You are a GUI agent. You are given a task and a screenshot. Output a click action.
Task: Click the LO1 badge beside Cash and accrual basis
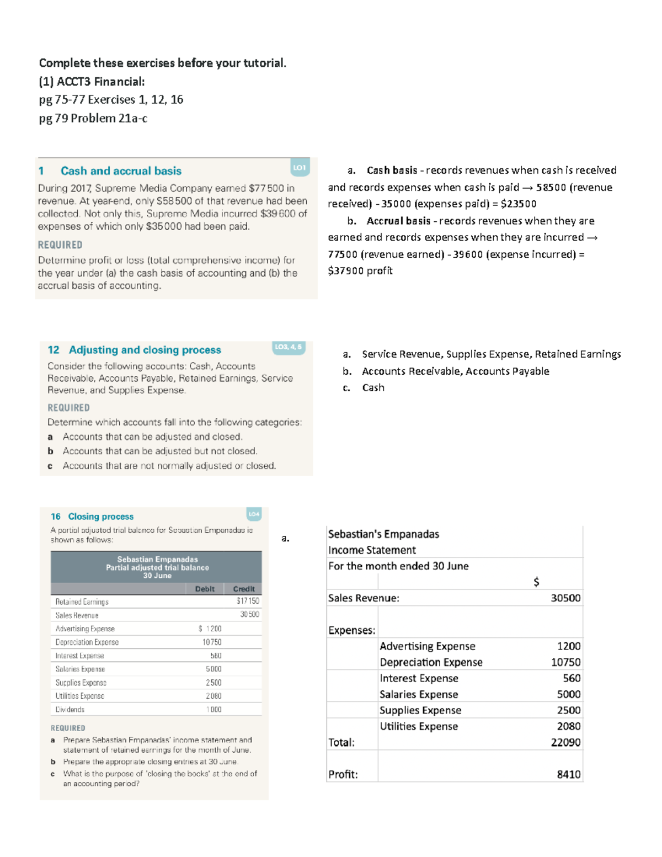pos(300,167)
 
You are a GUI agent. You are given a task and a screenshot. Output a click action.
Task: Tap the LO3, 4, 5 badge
pos(289,347)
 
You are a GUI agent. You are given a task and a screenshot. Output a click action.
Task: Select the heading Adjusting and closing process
pos(145,350)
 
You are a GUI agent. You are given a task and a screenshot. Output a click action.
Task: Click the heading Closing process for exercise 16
pos(100,517)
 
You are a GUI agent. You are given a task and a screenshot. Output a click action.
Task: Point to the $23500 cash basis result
pos(518,204)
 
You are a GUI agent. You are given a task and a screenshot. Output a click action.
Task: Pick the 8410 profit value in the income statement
pos(568,774)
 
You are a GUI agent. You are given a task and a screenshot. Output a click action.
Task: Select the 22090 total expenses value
pos(565,742)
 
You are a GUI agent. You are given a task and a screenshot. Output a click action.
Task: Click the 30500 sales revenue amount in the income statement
pos(565,598)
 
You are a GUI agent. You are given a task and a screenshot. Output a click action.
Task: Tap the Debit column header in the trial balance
pos(205,589)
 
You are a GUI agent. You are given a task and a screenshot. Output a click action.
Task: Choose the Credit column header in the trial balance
pos(244,589)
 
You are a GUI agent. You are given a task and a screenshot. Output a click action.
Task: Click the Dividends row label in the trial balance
pos(70,710)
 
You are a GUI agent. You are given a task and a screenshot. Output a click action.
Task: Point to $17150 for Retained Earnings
pos(248,601)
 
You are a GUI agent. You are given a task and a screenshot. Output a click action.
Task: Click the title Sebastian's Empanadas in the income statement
pos(383,534)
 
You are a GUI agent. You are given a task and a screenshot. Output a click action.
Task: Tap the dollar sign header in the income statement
pos(536,582)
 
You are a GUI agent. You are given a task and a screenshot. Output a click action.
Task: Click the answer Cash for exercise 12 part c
pos(373,388)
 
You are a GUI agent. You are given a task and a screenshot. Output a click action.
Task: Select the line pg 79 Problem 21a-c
pos(93,118)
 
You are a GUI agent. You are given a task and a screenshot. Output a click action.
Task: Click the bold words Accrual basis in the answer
pos(398,221)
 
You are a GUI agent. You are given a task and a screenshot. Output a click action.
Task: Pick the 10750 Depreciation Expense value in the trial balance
pos(212,642)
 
